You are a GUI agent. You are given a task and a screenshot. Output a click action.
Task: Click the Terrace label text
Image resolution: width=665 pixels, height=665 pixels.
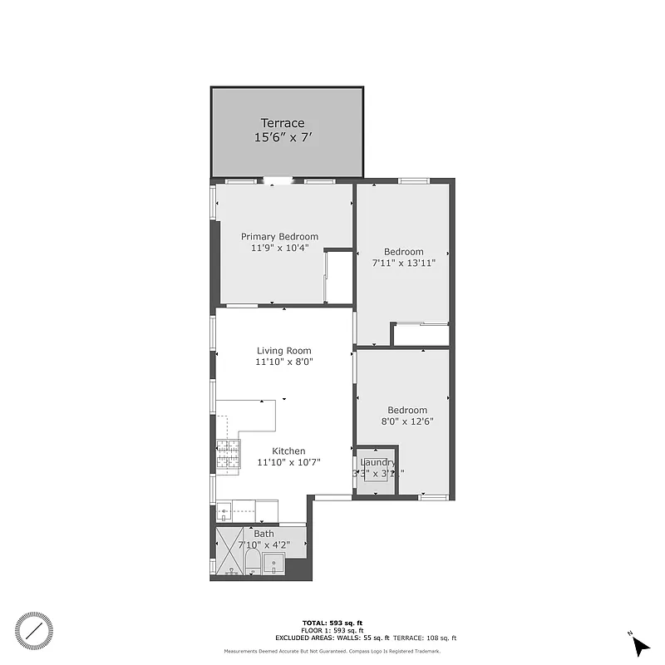(x=283, y=123)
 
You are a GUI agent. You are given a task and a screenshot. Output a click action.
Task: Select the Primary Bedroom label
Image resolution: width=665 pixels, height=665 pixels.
(x=279, y=236)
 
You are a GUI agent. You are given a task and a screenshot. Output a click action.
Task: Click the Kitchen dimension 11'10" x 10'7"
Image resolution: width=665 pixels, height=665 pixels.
(x=288, y=462)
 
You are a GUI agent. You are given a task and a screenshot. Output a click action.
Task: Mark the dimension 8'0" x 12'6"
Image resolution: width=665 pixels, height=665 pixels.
(x=406, y=421)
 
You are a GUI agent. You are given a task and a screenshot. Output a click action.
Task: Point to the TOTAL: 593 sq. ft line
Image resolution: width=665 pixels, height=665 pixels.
(x=332, y=623)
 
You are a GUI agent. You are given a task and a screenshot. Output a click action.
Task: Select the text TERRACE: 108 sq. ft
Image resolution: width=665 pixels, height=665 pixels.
(x=424, y=638)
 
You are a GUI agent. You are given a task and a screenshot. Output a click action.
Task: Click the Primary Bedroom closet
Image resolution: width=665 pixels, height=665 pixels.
(x=338, y=276)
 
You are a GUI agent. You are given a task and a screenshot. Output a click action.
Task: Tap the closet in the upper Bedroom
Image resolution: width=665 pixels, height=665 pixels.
(x=421, y=334)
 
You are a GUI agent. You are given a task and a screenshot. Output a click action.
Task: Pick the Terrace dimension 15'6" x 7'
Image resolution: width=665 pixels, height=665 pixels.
(x=283, y=138)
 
